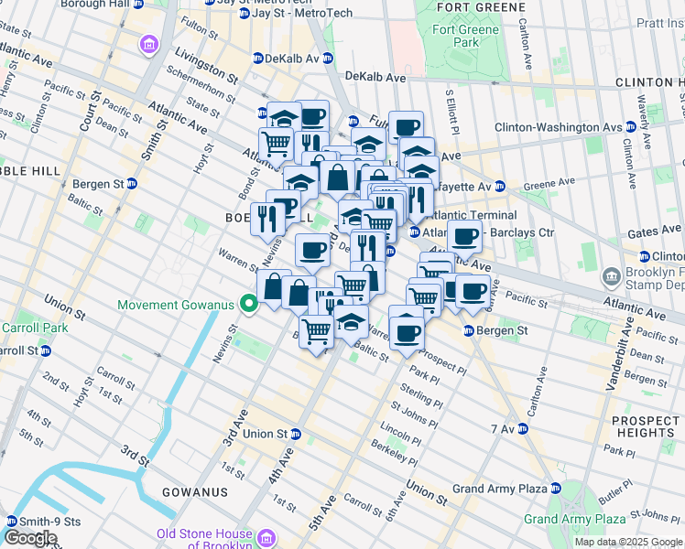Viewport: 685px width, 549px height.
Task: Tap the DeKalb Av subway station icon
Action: (x=258, y=59)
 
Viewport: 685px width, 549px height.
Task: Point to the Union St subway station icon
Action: (x=296, y=434)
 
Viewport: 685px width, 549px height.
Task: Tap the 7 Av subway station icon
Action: (x=522, y=428)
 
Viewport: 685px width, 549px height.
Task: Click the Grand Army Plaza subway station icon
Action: (x=556, y=489)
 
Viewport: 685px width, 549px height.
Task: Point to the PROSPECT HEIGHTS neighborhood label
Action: (x=646, y=426)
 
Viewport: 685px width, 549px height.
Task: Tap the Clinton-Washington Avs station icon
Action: (x=632, y=127)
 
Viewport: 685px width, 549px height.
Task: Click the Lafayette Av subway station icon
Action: (x=499, y=186)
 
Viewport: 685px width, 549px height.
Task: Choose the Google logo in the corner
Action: (x=30, y=538)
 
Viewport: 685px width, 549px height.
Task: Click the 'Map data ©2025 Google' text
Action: (x=628, y=542)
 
